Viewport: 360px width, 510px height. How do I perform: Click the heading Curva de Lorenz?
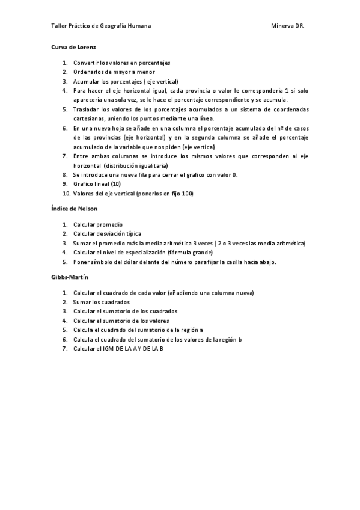click(x=70, y=47)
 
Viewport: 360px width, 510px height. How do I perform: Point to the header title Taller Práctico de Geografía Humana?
click(x=100, y=26)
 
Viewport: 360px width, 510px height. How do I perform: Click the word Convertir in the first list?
click(x=85, y=63)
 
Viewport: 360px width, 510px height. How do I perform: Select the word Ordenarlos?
click(x=88, y=72)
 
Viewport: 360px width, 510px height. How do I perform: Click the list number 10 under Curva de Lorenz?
click(x=66, y=194)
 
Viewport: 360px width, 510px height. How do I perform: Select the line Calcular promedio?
click(x=97, y=224)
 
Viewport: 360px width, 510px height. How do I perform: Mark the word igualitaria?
click(x=152, y=165)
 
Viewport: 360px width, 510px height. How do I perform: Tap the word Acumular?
click(x=85, y=81)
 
